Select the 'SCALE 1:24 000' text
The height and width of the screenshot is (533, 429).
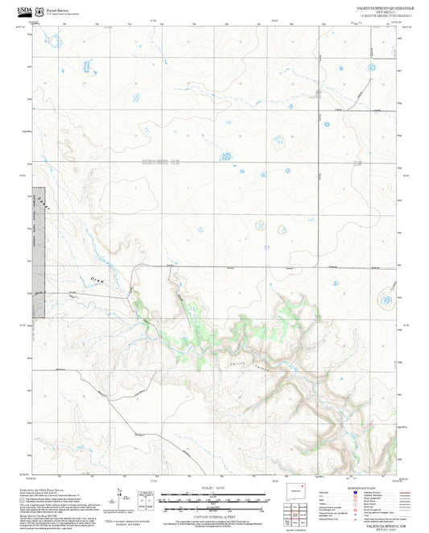[214, 487]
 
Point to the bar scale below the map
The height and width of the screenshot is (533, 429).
[214, 495]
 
